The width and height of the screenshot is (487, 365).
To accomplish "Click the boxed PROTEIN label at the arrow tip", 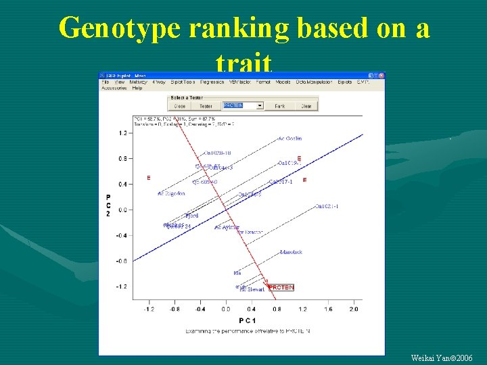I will [x=281, y=287].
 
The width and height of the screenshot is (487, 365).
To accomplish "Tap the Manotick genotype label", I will [x=291, y=252].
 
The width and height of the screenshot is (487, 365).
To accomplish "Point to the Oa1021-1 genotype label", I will [x=326, y=206].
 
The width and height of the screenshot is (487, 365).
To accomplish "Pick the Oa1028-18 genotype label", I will [x=218, y=153].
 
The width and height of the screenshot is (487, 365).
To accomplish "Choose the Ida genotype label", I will [x=237, y=272].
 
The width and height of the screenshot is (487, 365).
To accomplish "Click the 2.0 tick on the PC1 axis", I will [x=354, y=309].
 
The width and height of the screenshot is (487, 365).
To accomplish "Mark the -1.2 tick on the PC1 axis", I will [x=148, y=309].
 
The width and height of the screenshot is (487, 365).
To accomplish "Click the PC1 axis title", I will [x=246, y=319].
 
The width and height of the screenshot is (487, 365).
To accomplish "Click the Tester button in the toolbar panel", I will [x=206, y=106].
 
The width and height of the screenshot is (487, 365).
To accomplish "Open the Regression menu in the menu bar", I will [x=212, y=82].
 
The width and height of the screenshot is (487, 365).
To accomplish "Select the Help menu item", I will [x=137, y=88].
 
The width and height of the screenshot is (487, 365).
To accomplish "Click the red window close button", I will [x=381, y=75].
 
